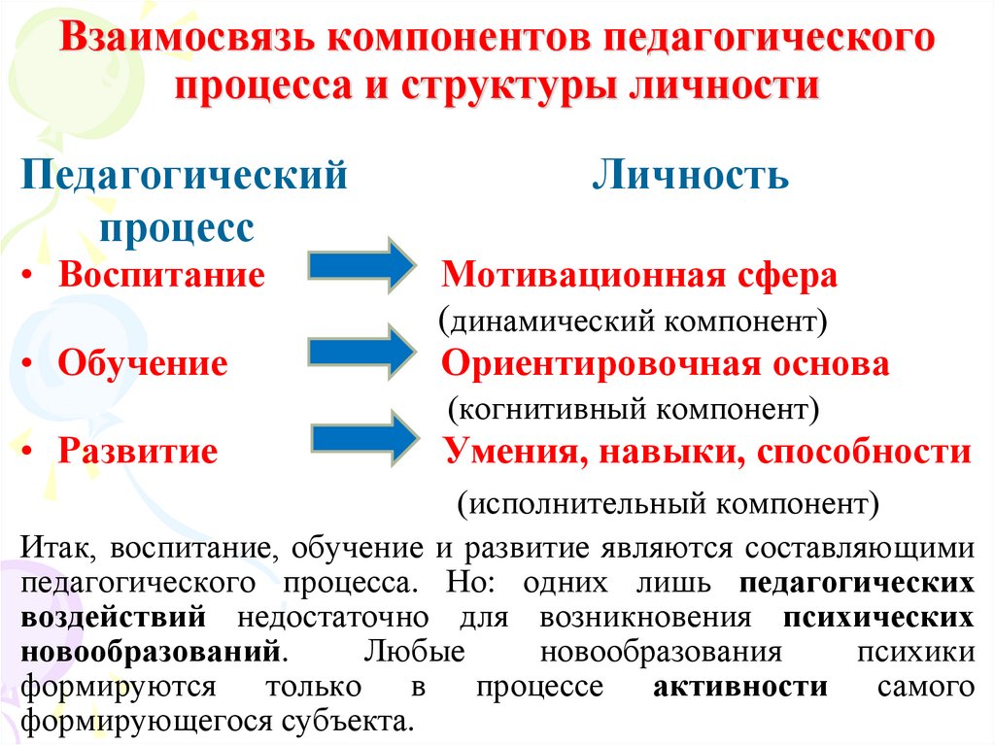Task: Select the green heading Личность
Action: click(691, 177)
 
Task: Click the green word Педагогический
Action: click(185, 177)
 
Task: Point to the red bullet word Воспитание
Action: click(161, 275)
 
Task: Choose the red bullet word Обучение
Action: click(143, 363)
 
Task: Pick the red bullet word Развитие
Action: click(137, 452)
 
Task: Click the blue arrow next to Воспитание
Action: click(361, 263)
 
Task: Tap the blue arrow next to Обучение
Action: click(361, 351)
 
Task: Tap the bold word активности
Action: click(740, 688)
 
